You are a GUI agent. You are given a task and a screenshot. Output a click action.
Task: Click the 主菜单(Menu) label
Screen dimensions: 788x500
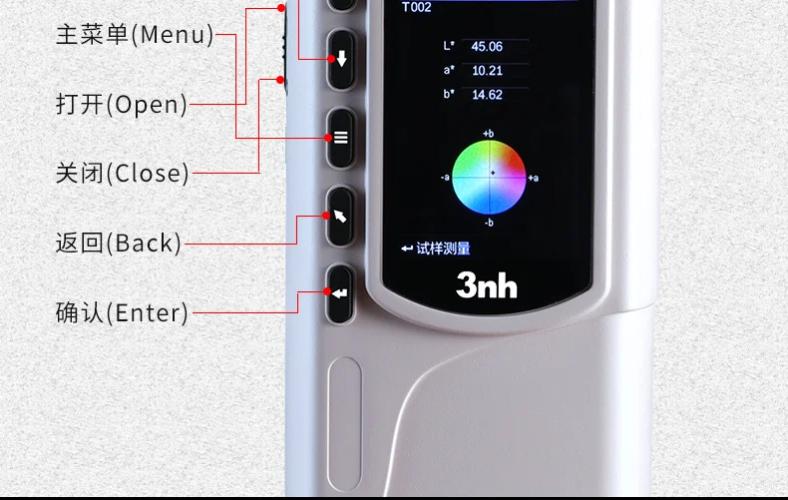pyautogui.click(x=135, y=35)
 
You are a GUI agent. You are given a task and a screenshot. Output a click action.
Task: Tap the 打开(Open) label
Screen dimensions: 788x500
pyautogui.click(x=121, y=105)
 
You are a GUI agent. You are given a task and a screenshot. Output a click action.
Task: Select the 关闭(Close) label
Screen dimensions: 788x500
pyautogui.click(x=122, y=173)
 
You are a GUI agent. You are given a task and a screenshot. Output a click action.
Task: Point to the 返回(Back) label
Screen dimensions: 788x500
pyautogui.click(x=118, y=243)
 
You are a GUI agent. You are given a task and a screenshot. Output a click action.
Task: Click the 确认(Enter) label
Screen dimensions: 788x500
pyautogui.click(x=122, y=312)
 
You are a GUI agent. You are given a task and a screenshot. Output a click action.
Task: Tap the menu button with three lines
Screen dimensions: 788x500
pyautogui.click(x=341, y=138)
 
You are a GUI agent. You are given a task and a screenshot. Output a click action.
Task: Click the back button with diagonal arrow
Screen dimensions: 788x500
pyautogui.click(x=341, y=217)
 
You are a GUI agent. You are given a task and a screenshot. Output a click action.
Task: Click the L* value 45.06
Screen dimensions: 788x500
pyautogui.click(x=487, y=47)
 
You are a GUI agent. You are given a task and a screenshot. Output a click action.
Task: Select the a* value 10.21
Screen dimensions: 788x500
pyautogui.click(x=487, y=71)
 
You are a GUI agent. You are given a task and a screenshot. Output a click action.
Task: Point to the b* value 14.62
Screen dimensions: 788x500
pyautogui.click(x=487, y=95)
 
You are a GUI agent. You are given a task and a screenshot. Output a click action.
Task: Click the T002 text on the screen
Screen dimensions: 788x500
pyautogui.click(x=416, y=7)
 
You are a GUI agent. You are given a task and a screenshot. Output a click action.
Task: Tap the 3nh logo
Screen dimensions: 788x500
pyautogui.click(x=487, y=285)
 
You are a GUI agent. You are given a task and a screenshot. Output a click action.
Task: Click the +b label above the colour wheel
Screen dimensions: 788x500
pyautogui.click(x=488, y=134)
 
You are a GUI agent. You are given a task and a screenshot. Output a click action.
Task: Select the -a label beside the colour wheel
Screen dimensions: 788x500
pyautogui.click(x=445, y=177)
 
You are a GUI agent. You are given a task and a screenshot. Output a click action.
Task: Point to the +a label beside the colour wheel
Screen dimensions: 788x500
pyautogui.click(x=534, y=178)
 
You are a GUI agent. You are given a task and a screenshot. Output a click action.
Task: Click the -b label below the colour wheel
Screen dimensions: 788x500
pyautogui.click(x=489, y=223)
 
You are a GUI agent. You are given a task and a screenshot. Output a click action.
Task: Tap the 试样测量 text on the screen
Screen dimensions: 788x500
pyautogui.click(x=443, y=249)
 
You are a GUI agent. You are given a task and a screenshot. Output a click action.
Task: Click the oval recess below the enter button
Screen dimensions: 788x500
pyautogui.click(x=345, y=424)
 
